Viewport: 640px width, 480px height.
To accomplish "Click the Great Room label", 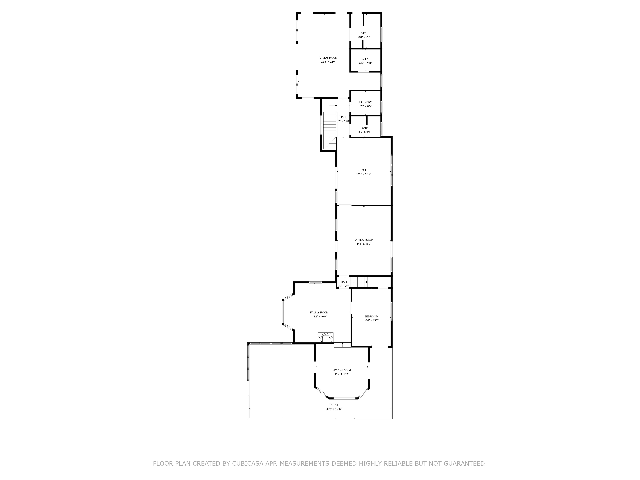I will click(328, 58).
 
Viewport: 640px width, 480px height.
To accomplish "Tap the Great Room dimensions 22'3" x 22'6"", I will click(328, 62).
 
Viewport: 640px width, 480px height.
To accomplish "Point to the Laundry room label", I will click(365, 102).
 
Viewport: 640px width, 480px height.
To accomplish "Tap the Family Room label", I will click(319, 312).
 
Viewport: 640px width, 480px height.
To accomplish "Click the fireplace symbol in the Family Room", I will click(326, 337).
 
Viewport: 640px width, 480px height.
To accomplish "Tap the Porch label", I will click(334, 405).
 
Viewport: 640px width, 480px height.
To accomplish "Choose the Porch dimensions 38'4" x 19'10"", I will click(334, 409).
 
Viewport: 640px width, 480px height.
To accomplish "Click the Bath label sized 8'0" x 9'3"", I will click(364, 33).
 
